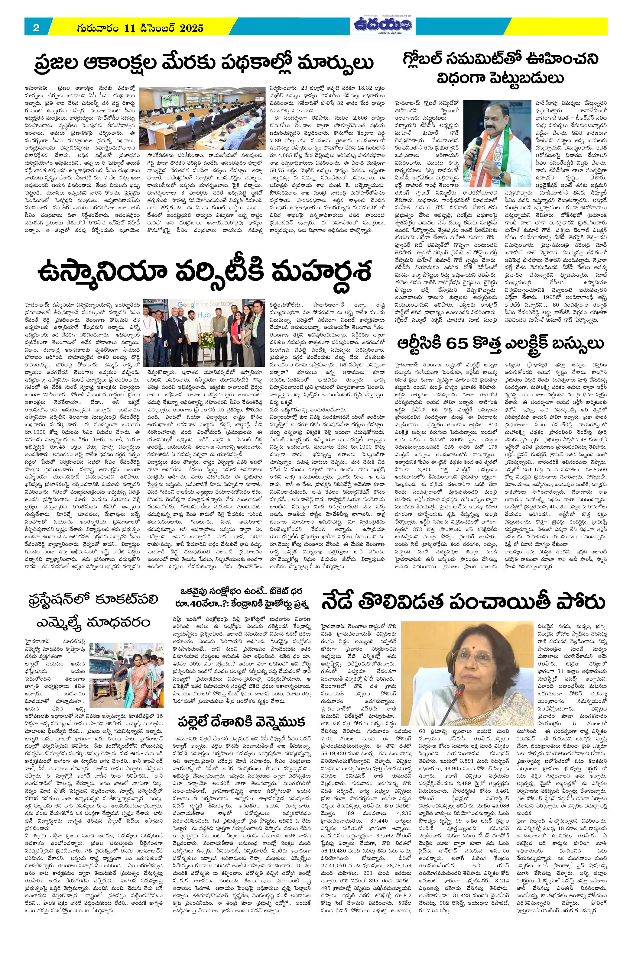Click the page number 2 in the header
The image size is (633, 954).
click(x=36, y=28)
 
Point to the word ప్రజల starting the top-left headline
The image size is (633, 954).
click(x=55, y=64)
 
